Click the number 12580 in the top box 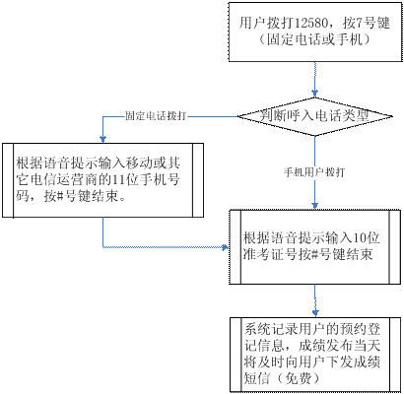tap(310, 24)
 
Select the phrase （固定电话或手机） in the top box tap(314, 39)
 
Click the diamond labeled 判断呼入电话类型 tap(315, 116)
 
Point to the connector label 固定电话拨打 tap(156, 116)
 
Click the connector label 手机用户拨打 tap(314, 172)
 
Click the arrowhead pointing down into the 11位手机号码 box tap(102, 139)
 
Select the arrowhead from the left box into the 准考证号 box tap(225, 247)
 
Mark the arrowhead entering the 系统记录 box tap(315, 312)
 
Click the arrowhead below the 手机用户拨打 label tap(315, 205)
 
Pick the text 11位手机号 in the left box tap(146, 179)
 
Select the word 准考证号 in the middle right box tap(270, 255)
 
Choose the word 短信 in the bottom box tap(257, 379)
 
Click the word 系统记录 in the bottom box tap(270, 329)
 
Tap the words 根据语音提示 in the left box tap(57, 163)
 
